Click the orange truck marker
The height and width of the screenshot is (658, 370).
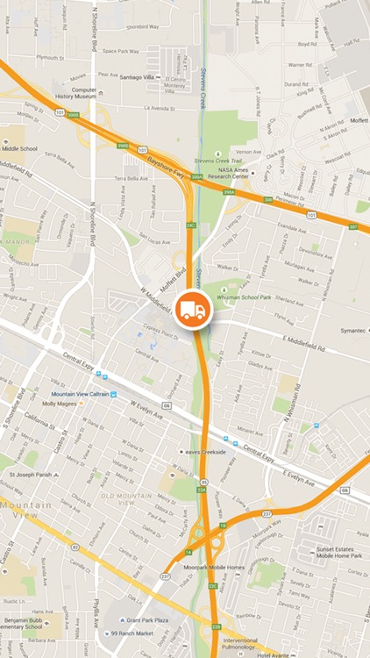(x=191, y=311)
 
